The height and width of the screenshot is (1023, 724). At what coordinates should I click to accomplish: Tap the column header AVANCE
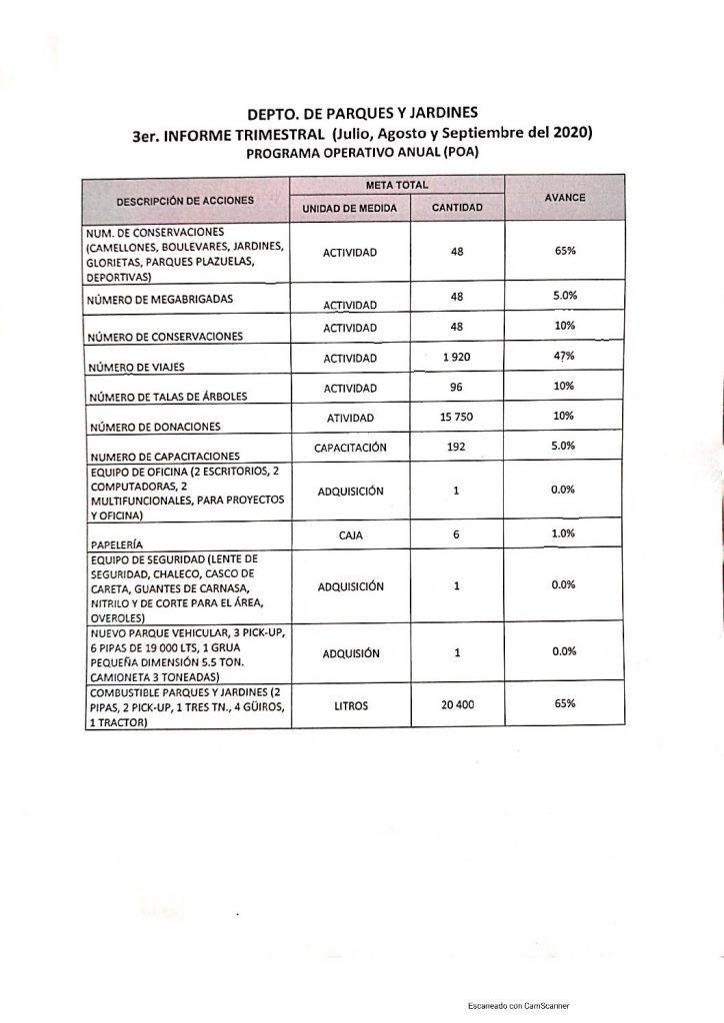(x=564, y=198)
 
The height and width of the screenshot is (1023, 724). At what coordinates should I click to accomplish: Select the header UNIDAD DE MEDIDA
(x=350, y=209)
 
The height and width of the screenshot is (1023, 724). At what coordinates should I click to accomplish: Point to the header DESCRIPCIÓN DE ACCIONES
(x=185, y=200)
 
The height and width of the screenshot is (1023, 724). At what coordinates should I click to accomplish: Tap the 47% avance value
(x=564, y=355)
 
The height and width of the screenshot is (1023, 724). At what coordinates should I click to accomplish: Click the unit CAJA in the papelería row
(x=350, y=536)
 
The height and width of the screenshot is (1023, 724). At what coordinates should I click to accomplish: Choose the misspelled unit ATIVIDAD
(x=350, y=418)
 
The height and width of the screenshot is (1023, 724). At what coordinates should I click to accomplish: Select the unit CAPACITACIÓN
(x=350, y=449)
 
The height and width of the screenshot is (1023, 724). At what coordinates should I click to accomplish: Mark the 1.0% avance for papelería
(x=564, y=534)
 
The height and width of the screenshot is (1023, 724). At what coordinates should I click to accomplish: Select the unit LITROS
(x=350, y=706)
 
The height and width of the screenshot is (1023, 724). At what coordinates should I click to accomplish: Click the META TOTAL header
(x=397, y=185)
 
